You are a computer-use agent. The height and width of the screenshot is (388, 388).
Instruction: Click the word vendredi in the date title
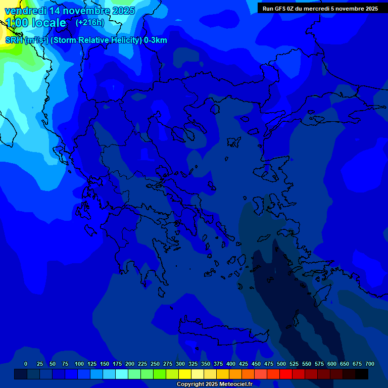click(x=25, y=11)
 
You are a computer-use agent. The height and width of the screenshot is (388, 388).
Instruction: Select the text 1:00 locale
click(x=35, y=23)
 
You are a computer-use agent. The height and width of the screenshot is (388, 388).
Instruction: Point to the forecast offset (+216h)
click(x=90, y=23)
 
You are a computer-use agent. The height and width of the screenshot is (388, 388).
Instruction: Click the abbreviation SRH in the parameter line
click(x=14, y=40)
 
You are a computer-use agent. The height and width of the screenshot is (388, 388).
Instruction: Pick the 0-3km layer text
click(x=156, y=40)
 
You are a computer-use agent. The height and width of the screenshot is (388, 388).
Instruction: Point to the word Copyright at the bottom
click(x=191, y=384)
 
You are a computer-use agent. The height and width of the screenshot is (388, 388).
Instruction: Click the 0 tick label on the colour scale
click(x=26, y=364)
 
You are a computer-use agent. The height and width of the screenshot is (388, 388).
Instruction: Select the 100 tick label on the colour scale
click(x=79, y=364)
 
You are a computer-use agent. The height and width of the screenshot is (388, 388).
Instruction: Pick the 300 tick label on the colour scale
click(x=180, y=364)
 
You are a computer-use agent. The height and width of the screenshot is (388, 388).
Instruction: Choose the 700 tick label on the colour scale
click(x=370, y=364)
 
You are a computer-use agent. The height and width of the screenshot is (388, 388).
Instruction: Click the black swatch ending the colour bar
click(x=362, y=374)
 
